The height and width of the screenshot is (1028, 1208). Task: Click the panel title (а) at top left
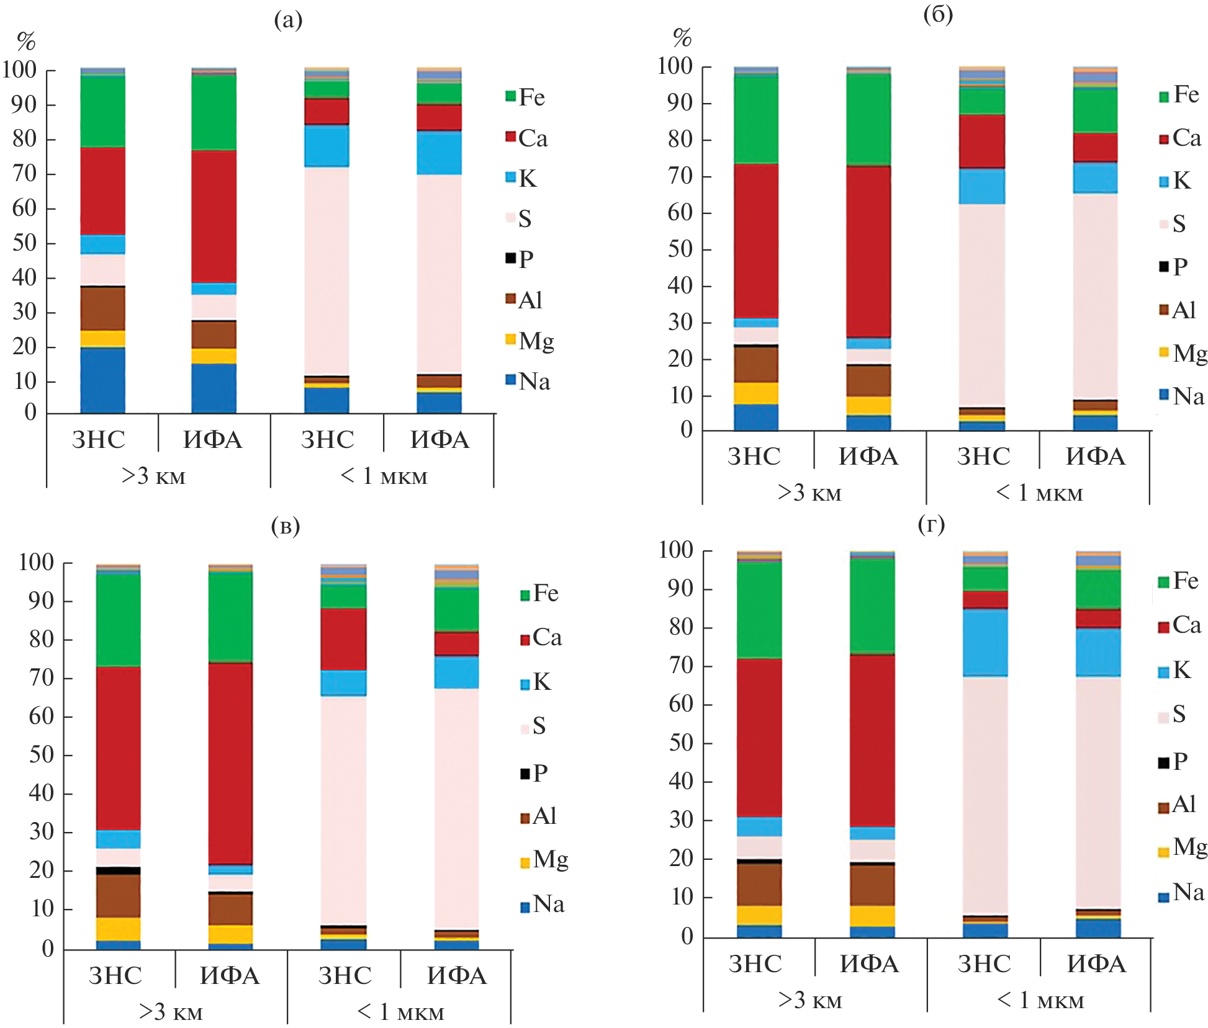pos(288,20)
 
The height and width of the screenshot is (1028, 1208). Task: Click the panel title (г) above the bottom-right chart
pos(931,525)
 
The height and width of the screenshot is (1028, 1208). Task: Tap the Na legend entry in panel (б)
pos(1181,396)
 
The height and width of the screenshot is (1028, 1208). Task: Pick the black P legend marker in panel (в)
pos(525,774)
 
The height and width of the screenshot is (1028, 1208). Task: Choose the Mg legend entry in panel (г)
pos(1182,847)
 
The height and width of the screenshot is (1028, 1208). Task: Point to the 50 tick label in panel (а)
pos(25,243)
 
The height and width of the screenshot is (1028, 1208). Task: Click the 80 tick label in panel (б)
pos(680,140)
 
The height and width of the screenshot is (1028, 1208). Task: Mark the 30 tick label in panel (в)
pos(42,832)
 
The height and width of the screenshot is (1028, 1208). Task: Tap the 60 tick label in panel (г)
pos(681,704)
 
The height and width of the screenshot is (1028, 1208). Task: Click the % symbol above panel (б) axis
pos(682,38)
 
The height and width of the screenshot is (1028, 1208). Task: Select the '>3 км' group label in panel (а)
pos(153,476)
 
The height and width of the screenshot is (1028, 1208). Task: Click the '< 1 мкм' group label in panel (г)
pos(1040,1000)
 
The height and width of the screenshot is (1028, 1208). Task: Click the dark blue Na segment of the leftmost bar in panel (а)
pos(103,380)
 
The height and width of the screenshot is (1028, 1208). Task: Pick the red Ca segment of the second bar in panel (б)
pos(868,251)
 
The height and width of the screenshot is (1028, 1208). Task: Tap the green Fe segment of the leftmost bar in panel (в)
pos(119,620)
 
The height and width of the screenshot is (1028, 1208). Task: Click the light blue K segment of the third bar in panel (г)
pos(985,642)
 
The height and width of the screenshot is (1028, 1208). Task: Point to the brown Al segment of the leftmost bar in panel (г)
pos(759,884)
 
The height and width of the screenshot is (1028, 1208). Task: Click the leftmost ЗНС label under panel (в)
pos(116,976)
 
